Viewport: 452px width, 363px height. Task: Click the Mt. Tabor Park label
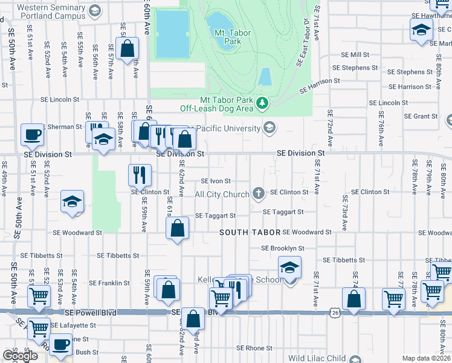pos(224,37)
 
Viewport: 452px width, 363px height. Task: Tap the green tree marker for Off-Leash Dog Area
pos(262,104)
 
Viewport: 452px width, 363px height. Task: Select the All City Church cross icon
pos(259,194)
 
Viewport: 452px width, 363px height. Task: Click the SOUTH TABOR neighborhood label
pos(250,232)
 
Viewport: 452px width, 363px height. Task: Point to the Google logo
pos(20,356)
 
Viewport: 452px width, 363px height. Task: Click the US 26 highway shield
pos(334,312)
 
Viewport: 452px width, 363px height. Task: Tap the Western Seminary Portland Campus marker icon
pos(95,10)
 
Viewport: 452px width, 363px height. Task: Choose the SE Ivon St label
pos(216,181)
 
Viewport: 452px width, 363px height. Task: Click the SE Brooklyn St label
pos(282,248)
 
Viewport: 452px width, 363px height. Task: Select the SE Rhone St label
pos(254,348)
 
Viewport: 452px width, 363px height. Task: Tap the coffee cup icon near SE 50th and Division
pos(32,135)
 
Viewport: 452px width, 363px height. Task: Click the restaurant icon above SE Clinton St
pos(140,175)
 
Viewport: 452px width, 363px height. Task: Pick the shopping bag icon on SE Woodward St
pos(178,228)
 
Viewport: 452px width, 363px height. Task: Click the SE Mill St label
pos(355,54)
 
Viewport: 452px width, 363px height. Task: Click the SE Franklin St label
pos(109,283)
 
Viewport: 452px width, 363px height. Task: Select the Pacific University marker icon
pos(269,128)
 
